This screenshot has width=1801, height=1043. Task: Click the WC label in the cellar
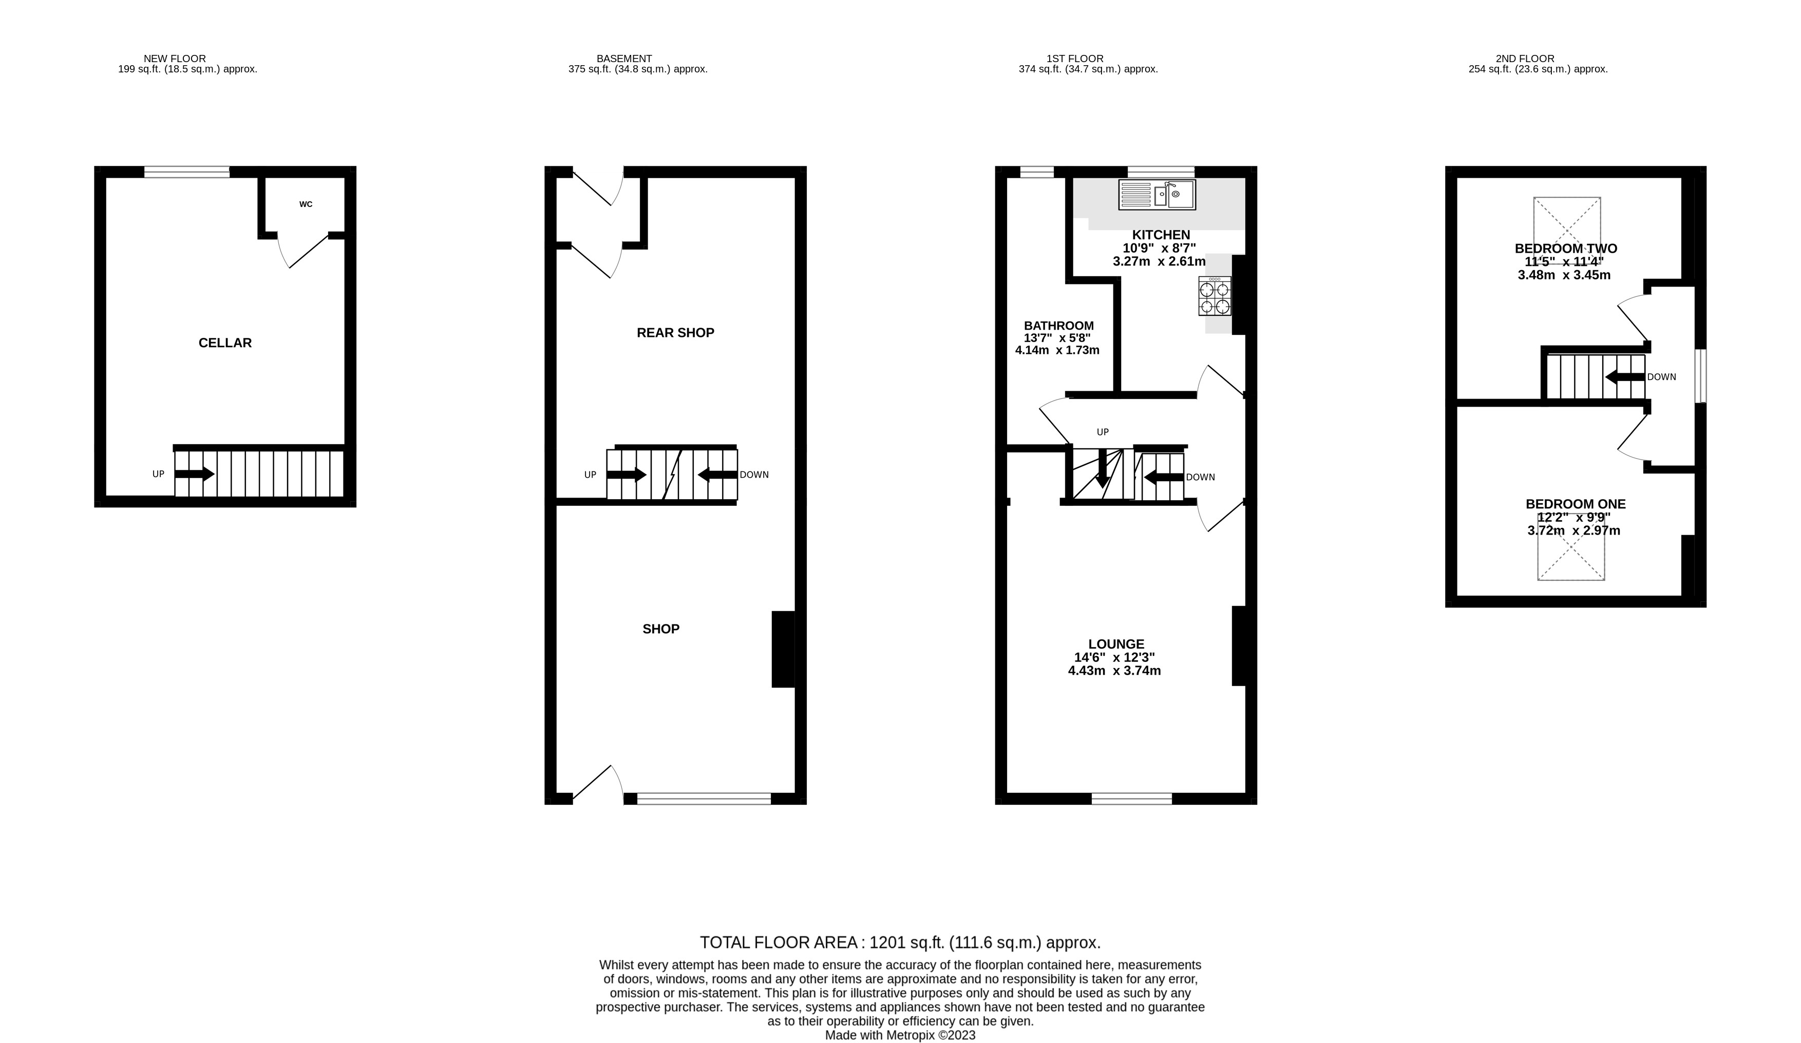[x=306, y=204]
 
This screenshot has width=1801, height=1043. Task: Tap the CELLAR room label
[x=225, y=343]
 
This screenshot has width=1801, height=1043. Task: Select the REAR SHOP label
[x=675, y=332]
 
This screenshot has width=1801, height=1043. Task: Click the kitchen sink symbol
[x=1157, y=195]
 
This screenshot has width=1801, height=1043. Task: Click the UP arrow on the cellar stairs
[x=195, y=473]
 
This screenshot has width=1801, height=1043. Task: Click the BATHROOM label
[x=1058, y=325]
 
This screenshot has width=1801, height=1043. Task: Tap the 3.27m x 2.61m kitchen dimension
[x=1159, y=261]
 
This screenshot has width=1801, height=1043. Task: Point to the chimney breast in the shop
[x=783, y=649]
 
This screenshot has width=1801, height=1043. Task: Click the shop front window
[x=704, y=799]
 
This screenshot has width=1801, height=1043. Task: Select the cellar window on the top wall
[x=186, y=172]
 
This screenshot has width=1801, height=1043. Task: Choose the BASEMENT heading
[x=624, y=59]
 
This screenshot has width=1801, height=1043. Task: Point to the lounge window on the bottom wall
[x=1131, y=799]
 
